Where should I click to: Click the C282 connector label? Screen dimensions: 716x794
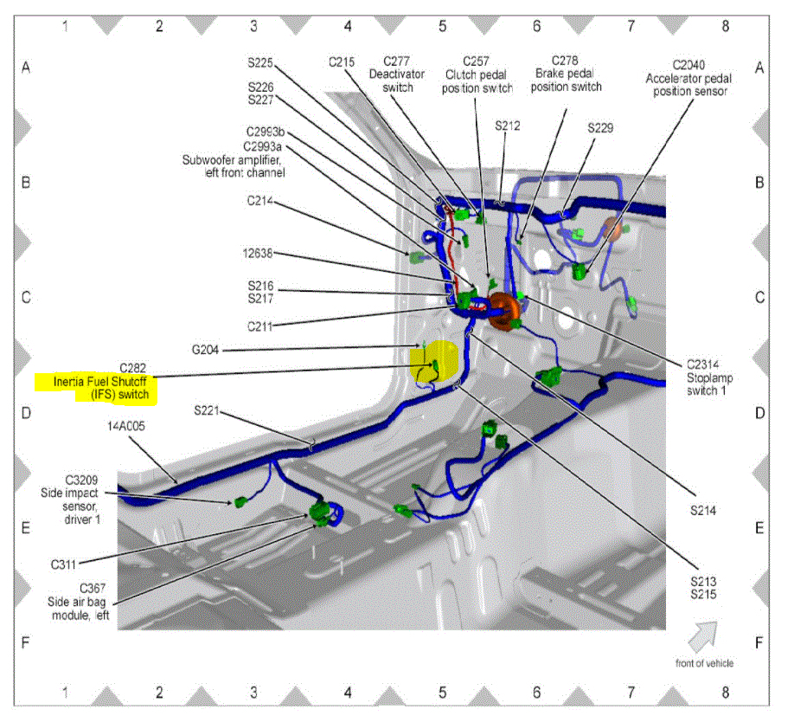(131, 367)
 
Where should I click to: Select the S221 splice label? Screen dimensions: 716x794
(208, 409)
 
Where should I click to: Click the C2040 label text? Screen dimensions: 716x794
(688, 65)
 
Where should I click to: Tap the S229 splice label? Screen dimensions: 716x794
(600, 128)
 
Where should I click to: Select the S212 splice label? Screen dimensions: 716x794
(508, 126)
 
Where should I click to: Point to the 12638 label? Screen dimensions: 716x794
(259, 254)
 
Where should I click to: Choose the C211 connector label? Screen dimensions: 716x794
(259, 326)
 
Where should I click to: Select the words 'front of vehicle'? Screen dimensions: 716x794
(704, 663)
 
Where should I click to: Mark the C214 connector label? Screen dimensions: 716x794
(259, 202)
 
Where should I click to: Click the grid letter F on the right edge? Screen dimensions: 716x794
(759, 643)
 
